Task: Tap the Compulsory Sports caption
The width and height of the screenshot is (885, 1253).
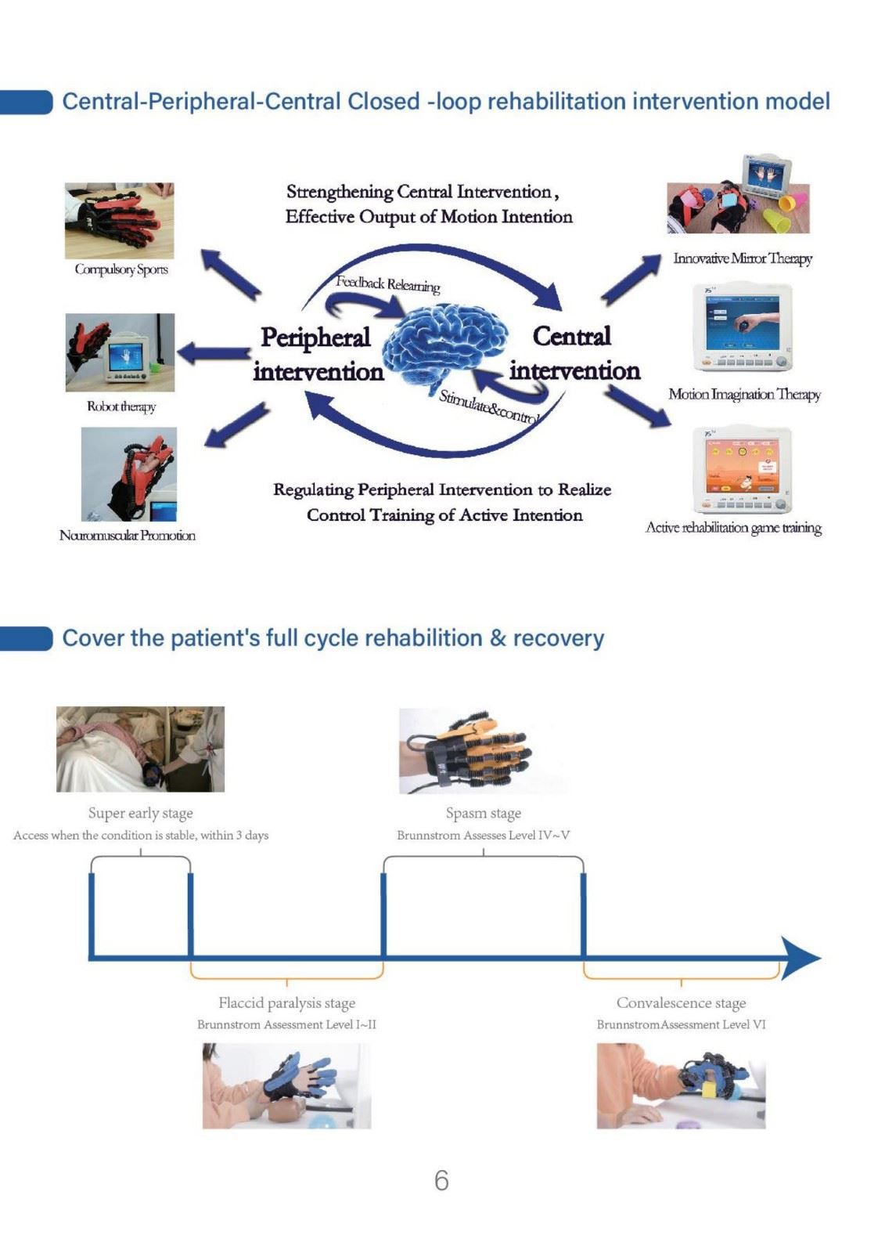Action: [121, 269]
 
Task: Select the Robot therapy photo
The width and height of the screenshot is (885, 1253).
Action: [120, 352]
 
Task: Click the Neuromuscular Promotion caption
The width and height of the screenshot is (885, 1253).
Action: [128, 536]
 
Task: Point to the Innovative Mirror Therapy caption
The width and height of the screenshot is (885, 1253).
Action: [743, 258]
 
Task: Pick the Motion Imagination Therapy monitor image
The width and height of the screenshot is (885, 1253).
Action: [743, 328]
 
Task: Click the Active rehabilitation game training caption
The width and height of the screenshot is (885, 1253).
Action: [733, 528]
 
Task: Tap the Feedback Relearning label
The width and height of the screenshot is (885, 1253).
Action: [388, 284]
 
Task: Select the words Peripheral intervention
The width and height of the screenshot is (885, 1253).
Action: [318, 354]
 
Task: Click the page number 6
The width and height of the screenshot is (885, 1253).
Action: [441, 1180]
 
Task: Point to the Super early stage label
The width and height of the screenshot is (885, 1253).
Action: [140, 813]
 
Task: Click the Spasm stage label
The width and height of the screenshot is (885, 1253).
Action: [483, 813]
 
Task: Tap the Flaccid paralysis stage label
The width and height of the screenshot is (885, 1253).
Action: [287, 1003]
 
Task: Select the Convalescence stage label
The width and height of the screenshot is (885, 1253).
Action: [681, 1003]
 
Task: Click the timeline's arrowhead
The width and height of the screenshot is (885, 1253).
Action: [800, 959]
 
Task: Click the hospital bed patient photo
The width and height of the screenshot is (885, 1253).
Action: [140, 749]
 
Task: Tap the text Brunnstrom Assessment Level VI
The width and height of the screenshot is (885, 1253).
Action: [681, 1025]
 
